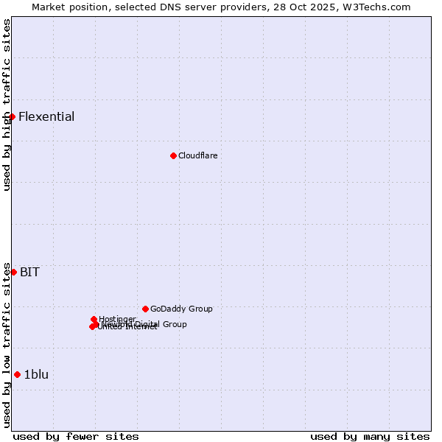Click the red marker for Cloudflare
(173, 155)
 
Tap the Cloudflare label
(197, 155)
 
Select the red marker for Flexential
(12, 116)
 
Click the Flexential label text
(46, 116)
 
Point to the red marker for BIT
(13, 272)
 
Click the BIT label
(29, 272)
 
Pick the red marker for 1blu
(17, 374)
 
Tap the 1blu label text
(36, 374)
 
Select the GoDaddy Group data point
(145, 309)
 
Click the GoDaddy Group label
(181, 309)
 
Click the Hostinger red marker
(94, 319)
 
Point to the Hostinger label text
(118, 318)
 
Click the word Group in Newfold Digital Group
(175, 324)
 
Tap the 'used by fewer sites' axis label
(76, 436)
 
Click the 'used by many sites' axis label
(370, 436)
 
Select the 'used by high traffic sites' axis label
(7, 105)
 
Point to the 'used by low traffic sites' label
(7, 344)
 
